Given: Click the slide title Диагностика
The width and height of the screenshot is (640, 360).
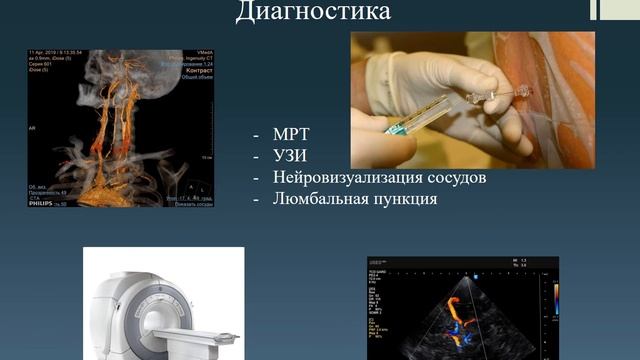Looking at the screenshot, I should coord(313,12).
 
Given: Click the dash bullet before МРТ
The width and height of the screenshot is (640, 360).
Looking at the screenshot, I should coord(258,133).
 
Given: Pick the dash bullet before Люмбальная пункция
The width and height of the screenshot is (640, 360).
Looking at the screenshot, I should coord(258,199).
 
